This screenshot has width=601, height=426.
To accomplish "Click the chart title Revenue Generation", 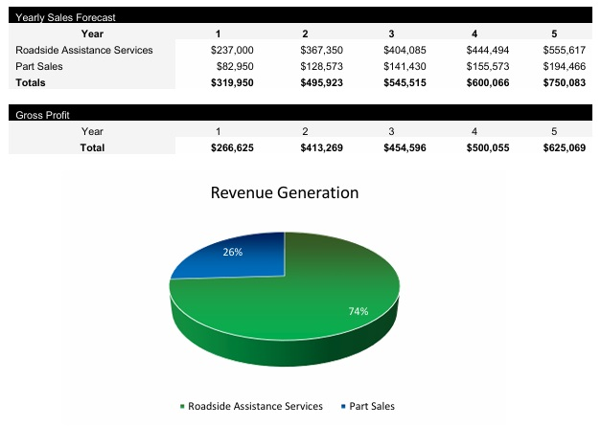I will (x=285, y=192).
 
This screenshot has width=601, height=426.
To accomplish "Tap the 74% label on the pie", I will (x=358, y=311).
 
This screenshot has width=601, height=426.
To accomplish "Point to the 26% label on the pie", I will (x=232, y=253).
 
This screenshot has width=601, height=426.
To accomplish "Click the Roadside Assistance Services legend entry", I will (x=250, y=406).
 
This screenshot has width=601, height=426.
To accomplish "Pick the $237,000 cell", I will (x=232, y=50).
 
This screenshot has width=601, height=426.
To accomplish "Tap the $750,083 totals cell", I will (x=559, y=83).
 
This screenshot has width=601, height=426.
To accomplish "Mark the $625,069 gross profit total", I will (x=559, y=148).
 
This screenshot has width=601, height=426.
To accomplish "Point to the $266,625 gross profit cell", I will (x=232, y=148).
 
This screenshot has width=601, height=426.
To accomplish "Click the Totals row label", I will (x=33, y=83).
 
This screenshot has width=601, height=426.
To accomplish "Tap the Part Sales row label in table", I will (x=38, y=66).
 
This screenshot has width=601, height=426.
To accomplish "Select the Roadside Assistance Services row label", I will (x=83, y=50).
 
